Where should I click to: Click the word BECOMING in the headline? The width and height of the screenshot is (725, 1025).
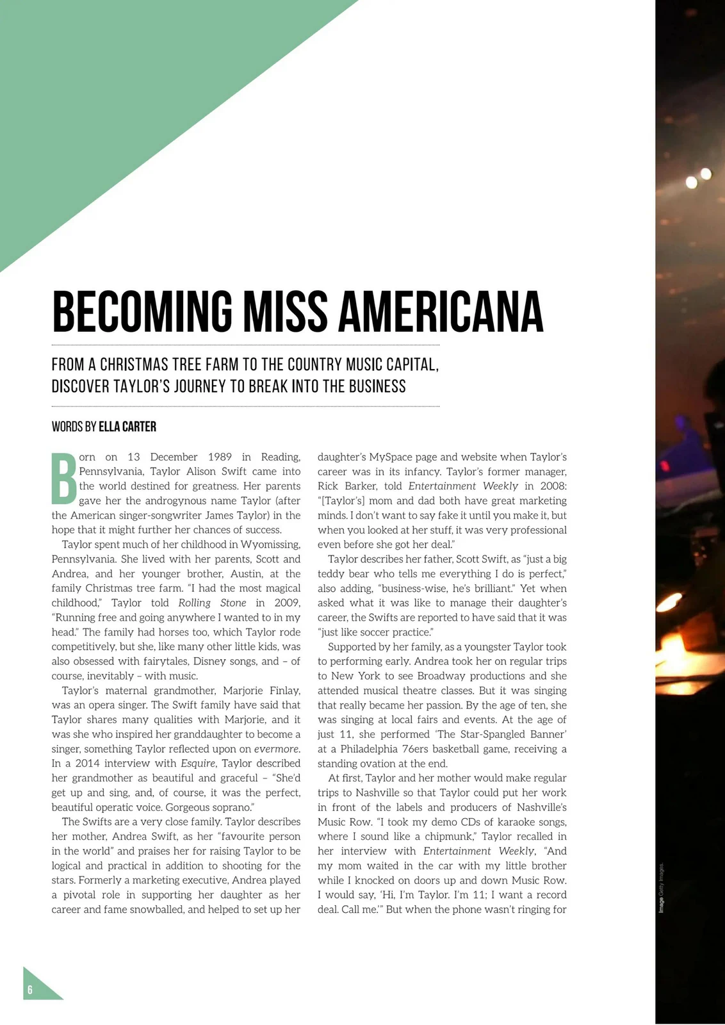142,312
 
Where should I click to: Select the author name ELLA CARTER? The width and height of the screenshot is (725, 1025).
127,427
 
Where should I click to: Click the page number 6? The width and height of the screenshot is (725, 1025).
30,990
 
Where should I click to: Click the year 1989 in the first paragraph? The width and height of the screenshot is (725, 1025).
220,457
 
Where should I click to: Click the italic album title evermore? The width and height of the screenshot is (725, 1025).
277,749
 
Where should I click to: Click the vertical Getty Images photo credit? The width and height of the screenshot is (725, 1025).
662,888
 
